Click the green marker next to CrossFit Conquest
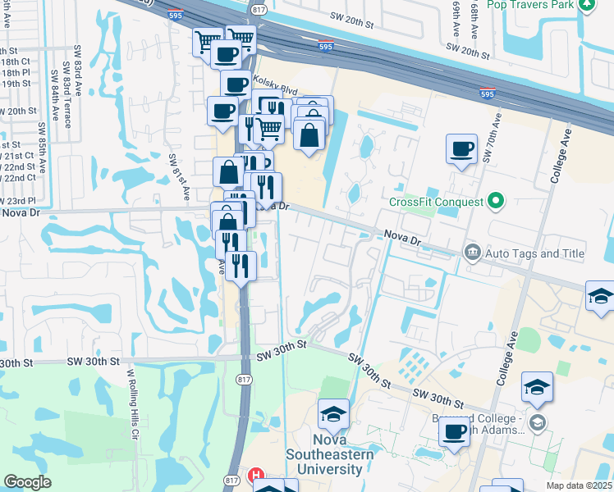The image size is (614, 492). point(495,200)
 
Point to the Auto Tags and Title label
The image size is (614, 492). point(534,253)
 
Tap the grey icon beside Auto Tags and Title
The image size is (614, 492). point(472,251)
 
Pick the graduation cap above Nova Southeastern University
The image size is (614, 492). point(333,415)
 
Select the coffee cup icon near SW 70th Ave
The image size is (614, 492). point(461,149)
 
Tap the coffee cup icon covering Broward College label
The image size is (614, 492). point(453,430)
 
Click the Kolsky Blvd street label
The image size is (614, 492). point(274,90)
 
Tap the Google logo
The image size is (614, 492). point(28,482)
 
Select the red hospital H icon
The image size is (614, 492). point(256,475)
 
